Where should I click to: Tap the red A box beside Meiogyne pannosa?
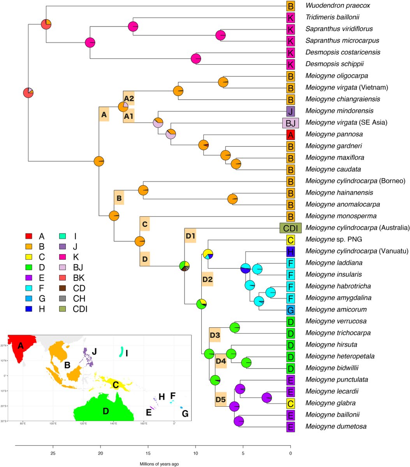[x=290, y=134]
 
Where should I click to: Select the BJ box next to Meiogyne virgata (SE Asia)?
[x=290, y=123]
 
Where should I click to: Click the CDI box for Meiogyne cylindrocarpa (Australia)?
[x=290, y=228]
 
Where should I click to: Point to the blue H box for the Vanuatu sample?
[x=290, y=251]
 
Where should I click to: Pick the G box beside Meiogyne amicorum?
[x=290, y=309]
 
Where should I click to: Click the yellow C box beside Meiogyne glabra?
[x=290, y=403]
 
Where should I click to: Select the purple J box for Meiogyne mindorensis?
[x=290, y=111]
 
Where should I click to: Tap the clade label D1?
[x=190, y=237]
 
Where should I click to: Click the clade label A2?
[x=129, y=98]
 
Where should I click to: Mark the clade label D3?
[x=215, y=335]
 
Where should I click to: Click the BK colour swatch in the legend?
[x=63, y=277]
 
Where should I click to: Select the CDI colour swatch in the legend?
[x=63, y=309]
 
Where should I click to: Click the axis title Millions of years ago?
[x=160, y=464]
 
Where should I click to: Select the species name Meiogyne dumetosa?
[x=336, y=426]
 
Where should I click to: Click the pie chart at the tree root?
[x=28, y=93]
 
